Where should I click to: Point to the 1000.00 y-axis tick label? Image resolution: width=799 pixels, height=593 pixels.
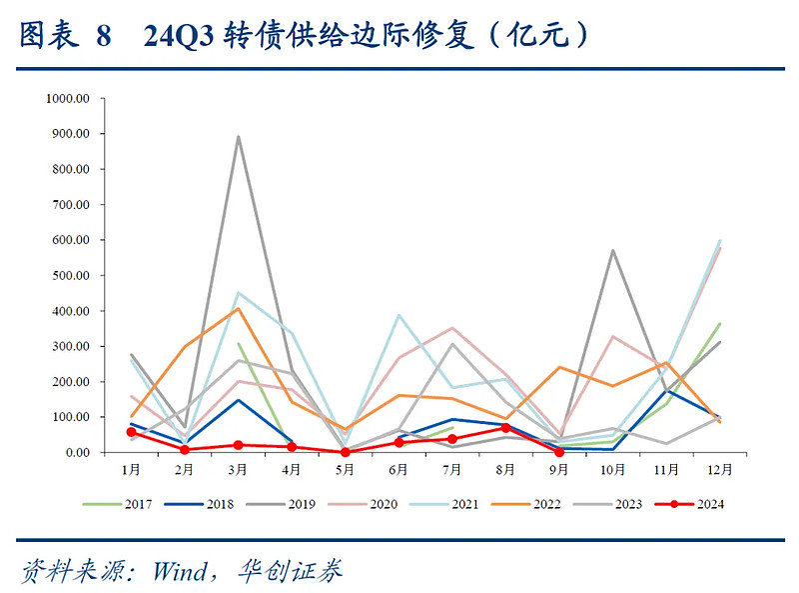click(x=68, y=98)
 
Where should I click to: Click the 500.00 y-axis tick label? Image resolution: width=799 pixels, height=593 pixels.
click(x=71, y=275)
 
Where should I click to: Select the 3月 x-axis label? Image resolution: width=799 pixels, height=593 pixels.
click(x=238, y=468)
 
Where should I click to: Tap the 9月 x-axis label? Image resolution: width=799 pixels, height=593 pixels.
click(x=558, y=468)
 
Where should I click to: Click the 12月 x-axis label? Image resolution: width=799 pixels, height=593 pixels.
click(x=719, y=468)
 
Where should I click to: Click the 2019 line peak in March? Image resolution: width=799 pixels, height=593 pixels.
click(x=238, y=137)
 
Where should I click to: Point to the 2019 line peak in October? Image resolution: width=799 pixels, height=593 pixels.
click(x=612, y=250)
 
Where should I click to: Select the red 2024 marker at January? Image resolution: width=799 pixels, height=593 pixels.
click(x=131, y=432)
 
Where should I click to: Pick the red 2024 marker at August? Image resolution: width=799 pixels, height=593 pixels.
click(x=505, y=428)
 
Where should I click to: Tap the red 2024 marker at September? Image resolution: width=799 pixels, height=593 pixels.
click(x=558, y=452)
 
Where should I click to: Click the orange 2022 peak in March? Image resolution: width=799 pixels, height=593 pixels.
click(x=238, y=308)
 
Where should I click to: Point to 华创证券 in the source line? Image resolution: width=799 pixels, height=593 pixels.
click(x=290, y=571)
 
